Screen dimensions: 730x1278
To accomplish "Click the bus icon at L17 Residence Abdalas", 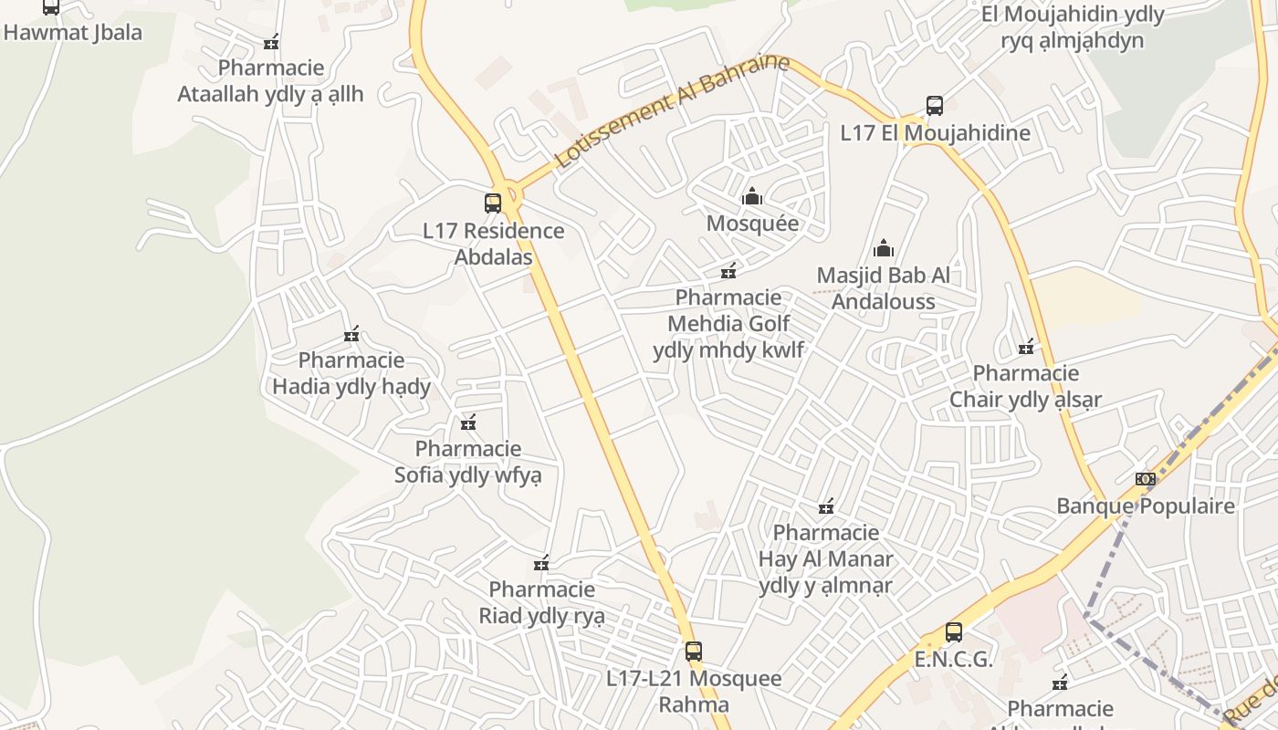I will click(493, 203).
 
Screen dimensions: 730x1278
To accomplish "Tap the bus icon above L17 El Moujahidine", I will click(934, 105).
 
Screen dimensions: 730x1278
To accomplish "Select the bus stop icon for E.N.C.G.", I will click(953, 631).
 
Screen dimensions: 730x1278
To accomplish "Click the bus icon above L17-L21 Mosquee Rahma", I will click(694, 651).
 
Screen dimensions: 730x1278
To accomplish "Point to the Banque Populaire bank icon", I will click(1145, 479).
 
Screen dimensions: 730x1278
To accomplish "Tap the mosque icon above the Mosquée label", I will click(752, 196).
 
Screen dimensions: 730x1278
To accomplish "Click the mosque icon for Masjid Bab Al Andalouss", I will click(883, 248).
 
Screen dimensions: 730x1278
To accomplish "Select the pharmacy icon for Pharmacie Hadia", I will click(351, 334).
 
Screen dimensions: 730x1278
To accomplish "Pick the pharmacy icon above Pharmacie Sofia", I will click(468, 422).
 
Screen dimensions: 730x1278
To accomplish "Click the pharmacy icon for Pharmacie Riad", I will click(541, 563).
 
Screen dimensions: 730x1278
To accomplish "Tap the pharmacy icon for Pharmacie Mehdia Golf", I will click(728, 271).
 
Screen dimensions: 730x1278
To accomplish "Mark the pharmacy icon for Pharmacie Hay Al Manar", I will click(826, 506).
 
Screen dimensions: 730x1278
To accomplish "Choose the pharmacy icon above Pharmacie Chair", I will click(1026, 347).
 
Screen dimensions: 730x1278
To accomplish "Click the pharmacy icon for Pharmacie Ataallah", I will click(270, 42).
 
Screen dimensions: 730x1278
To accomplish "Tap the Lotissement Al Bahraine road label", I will click(670, 110).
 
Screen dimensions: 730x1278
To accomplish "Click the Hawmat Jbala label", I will click(73, 33).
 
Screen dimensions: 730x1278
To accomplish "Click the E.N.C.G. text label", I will click(953, 659).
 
